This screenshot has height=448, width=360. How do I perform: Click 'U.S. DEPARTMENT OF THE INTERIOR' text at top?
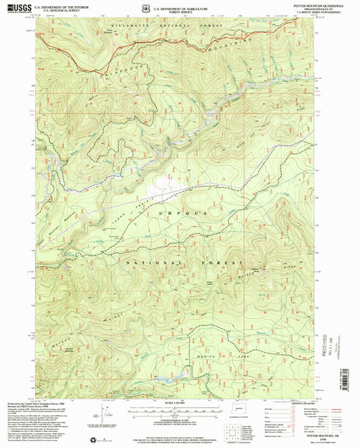click(x=57, y=5)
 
